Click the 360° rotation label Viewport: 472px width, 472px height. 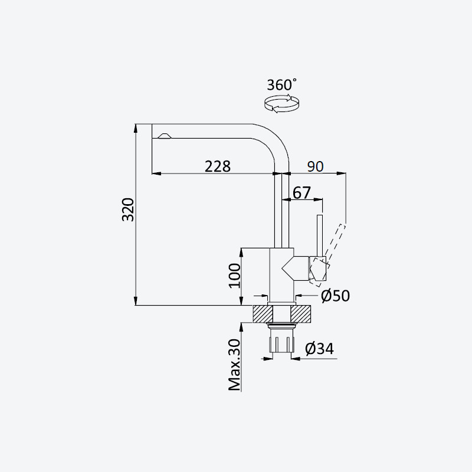282,85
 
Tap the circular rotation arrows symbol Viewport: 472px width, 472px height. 282,104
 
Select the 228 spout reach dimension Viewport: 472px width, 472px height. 217,166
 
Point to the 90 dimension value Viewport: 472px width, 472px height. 315,166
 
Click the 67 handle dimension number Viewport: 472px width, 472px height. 301,193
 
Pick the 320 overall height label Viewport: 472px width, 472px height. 128,209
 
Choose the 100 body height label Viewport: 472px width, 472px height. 235,276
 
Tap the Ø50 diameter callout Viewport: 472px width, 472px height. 335,296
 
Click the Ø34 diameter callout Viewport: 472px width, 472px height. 319,349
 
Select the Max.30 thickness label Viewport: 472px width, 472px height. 234,365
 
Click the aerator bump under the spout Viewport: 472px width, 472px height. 165,136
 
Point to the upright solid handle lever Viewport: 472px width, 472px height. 320,235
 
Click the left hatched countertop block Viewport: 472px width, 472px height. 263,314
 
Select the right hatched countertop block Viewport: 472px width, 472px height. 300,314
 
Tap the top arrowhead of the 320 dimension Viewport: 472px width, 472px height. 136,128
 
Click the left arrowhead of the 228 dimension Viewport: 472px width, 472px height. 156,173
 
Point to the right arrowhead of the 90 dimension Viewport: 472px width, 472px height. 342,173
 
